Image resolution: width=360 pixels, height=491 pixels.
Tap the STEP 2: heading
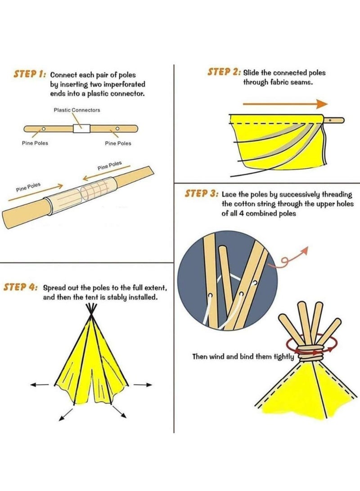coord(224,72)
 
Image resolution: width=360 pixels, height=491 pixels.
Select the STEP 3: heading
coord(202,194)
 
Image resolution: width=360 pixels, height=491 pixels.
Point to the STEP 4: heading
coord(21,287)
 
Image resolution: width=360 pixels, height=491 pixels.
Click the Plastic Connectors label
coord(77,110)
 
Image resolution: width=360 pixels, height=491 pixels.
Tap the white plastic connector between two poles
coord(81,129)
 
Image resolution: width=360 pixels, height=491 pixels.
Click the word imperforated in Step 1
coord(124,84)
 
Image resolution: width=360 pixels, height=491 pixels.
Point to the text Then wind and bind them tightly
coord(243,356)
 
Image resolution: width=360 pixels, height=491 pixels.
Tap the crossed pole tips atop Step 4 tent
coord(92,309)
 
